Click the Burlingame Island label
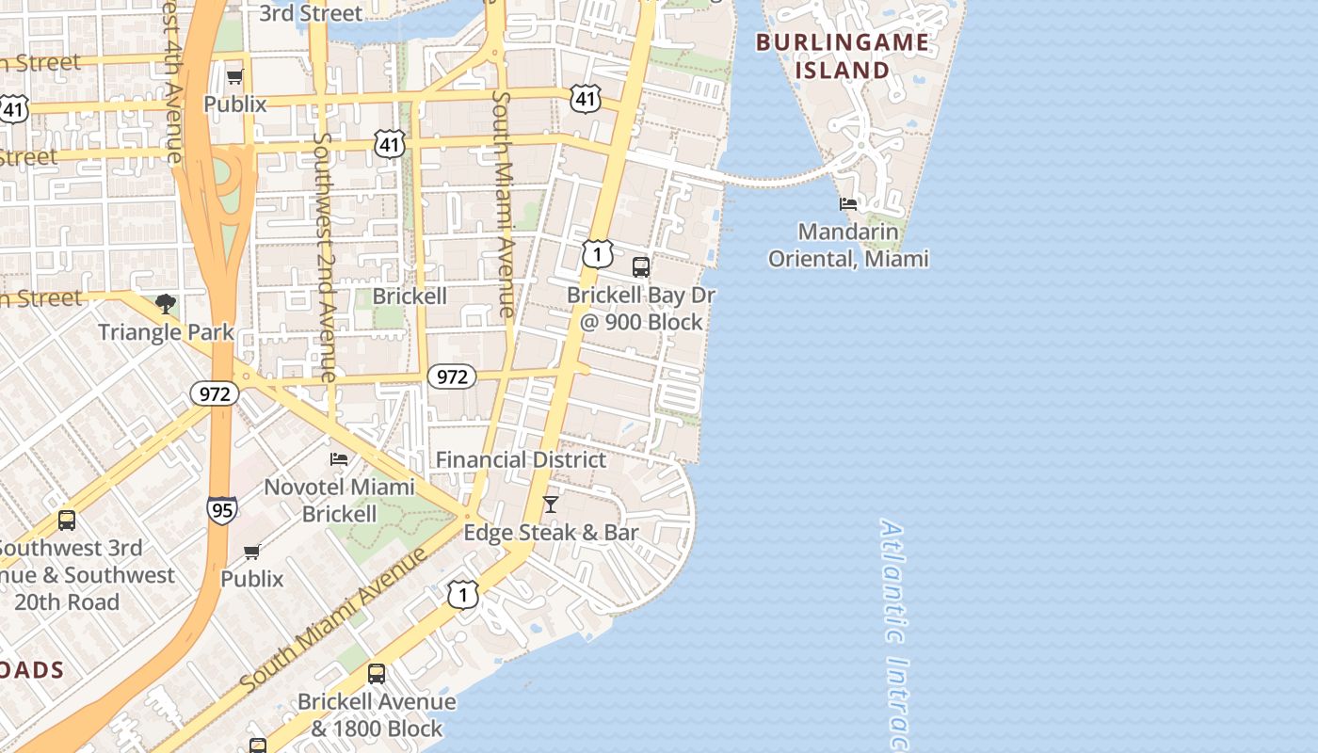[842, 56]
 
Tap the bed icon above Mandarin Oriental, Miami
[848, 203]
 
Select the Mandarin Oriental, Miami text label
[848, 245]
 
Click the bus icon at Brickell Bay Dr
[641, 266]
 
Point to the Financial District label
[521, 459]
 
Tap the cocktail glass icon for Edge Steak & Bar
[551, 505]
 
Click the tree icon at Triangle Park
[166, 304]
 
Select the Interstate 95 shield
[222, 510]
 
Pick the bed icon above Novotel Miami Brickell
[339, 458]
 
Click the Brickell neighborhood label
[410, 296]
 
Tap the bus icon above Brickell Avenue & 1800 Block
[377, 673]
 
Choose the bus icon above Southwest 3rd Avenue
[67, 520]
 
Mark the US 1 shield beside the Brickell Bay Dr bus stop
[597, 254]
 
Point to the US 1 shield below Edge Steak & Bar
[462, 594]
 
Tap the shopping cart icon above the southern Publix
[251, 552]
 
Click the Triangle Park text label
[166, 331]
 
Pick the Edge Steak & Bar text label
[551, 533]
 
